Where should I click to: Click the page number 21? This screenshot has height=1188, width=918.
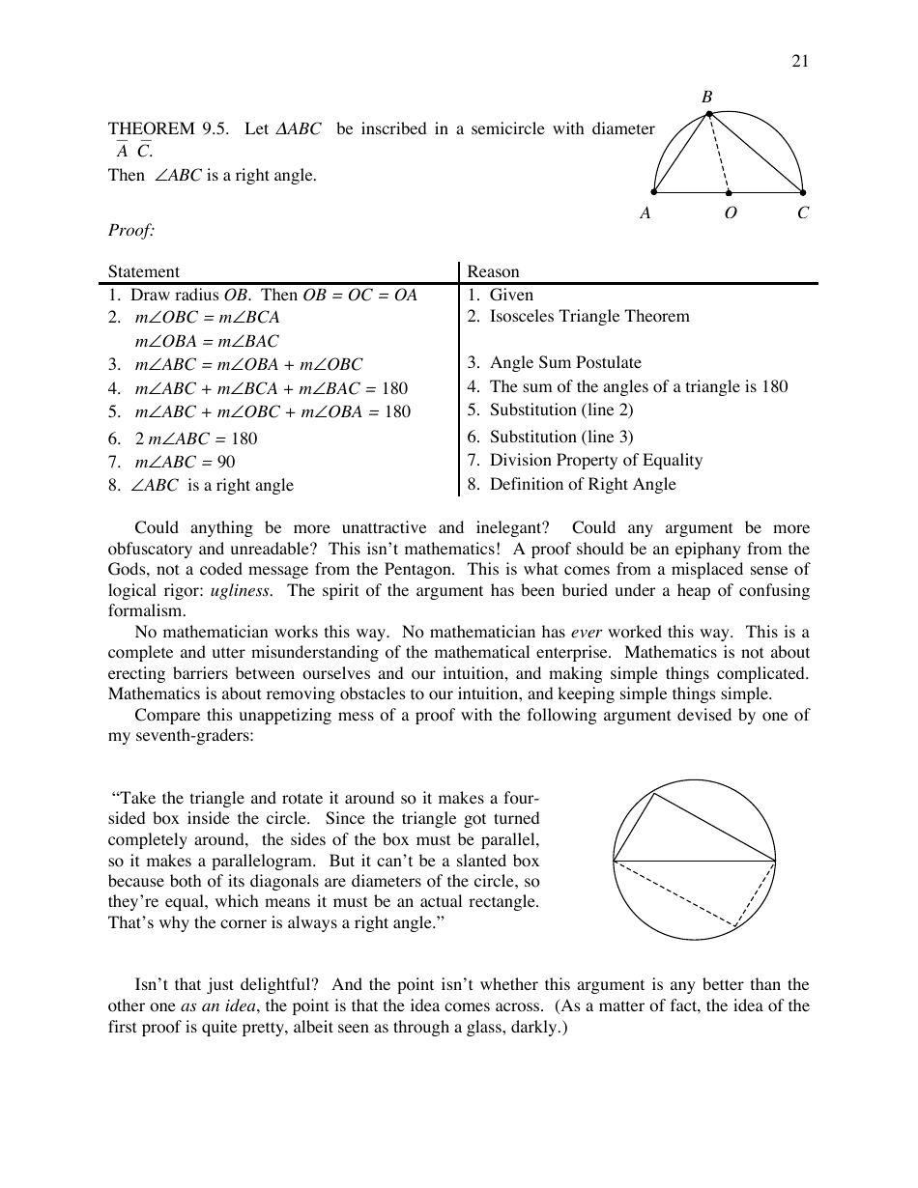click(800, 61)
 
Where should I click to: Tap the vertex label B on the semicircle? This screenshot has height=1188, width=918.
click(706, 97)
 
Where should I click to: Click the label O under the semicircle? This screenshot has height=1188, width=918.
click(730, 213)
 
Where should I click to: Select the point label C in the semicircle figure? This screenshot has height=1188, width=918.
click(803, 213)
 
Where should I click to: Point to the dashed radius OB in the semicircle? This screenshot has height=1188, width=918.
click(719, 155)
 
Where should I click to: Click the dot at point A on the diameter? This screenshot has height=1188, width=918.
click(654, 192)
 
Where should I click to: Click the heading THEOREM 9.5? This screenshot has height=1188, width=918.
click(167, 129)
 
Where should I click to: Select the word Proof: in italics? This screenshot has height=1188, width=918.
click(131, 230)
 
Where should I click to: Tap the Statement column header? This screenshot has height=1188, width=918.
click(143, 271)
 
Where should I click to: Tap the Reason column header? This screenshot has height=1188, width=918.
click(493, 271)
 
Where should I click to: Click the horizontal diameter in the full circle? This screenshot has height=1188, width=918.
click(694, 860)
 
